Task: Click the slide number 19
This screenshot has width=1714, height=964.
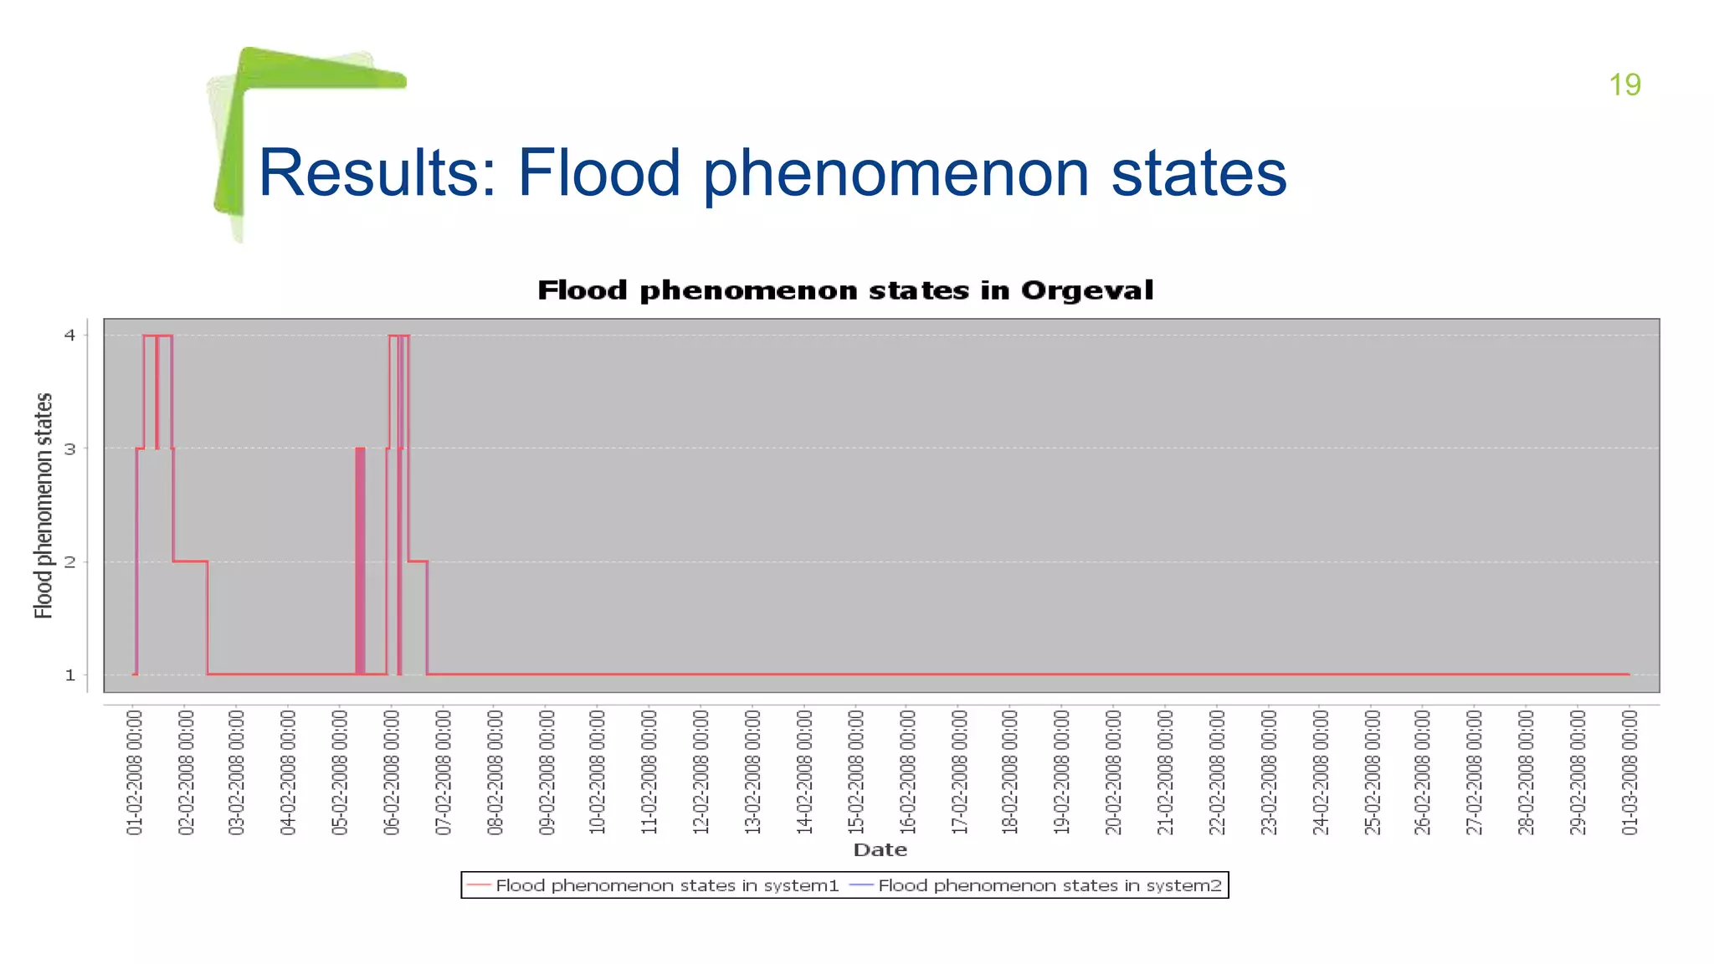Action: (x=1624, y=85)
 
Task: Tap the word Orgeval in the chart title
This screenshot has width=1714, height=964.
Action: (x=1086, y=290)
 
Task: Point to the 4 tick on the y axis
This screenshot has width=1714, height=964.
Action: (x=70, y=336)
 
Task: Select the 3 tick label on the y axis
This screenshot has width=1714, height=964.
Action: (x=70, y=449)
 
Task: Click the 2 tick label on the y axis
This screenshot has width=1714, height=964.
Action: (x=70, y=562)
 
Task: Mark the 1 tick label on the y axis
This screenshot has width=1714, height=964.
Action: (x=70, y=675)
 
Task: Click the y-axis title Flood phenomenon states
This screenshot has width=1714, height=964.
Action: (x=44, y=505)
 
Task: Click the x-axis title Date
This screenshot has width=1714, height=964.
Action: (x=880, y=850)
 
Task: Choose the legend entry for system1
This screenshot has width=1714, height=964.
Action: (x=666, y=885)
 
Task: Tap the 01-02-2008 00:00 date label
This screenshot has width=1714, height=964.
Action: (x=135, y=772)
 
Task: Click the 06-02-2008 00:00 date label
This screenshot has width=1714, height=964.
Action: (x=393, y=772)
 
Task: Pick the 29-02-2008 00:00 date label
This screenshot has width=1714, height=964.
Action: (x=1578, y=772)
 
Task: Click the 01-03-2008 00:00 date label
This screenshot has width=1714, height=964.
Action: (x=1629, y=772)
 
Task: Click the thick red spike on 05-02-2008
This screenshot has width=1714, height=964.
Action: (x=360, y=561)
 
